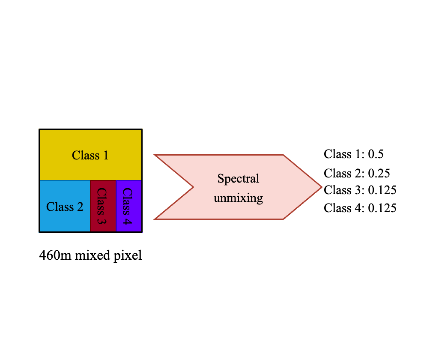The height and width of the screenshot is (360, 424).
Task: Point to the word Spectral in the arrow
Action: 238,178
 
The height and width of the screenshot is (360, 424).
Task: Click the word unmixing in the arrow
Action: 238,198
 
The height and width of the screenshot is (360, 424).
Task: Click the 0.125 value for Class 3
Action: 382,190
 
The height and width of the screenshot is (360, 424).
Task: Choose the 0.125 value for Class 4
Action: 382,208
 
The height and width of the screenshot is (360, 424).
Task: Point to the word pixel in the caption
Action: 129,256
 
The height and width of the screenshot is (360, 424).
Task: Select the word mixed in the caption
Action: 92,256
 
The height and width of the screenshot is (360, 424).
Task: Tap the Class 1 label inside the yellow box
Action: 90,155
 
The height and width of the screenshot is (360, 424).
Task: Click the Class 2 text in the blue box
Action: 65,207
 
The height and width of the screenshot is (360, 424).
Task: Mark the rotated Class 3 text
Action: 102,206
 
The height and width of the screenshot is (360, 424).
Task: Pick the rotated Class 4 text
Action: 128,206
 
